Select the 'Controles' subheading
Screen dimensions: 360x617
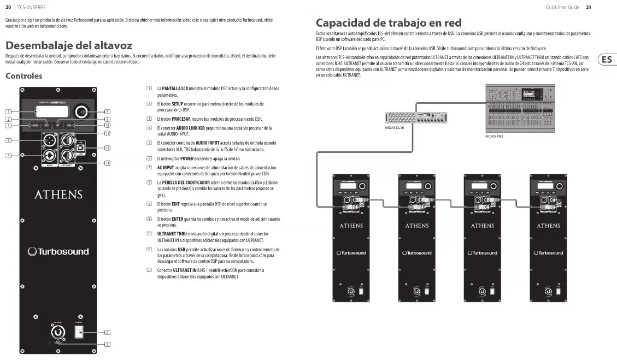(x=23, y=76)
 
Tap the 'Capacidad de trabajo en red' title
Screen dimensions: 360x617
(x=389, y=23)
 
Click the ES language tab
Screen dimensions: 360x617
(x=606, y=60)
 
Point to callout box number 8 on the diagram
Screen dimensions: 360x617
(x=108, y=112)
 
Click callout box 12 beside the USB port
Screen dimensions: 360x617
(x=108, y=148)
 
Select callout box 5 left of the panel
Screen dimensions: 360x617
(x=8, y=156)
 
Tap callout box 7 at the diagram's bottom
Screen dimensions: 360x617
(x=108, y=344)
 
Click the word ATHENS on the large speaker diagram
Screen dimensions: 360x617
(x=58, y=195)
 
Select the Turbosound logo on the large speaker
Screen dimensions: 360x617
(x=58, y=252)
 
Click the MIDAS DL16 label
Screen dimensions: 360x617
(x=394, y=128)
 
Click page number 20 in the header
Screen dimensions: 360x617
(x=8, y=7)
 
